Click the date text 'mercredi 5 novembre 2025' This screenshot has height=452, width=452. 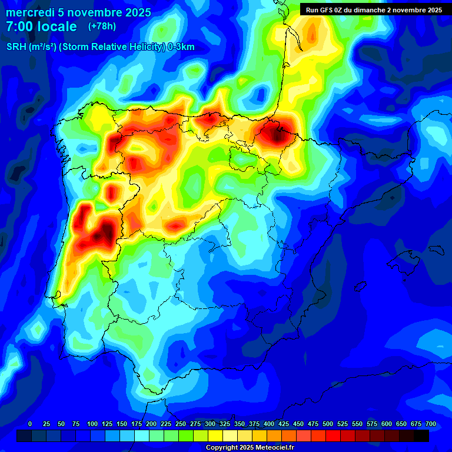[78, 12]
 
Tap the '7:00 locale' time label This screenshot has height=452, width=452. [41, 27]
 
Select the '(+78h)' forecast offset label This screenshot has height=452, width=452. [102, 26]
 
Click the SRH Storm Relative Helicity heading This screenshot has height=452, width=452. [100, 47]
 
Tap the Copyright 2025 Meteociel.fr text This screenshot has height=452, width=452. [250, 448]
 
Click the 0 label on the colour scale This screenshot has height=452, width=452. [30, 424]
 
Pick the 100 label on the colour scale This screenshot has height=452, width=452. [92, 424]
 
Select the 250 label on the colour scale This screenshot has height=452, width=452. [181, 424]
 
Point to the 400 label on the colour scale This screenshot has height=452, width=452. [269, 424]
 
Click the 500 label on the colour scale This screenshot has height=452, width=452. [328, 424]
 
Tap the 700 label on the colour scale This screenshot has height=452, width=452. [431, 424]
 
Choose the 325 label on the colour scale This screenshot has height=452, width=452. [225, 424]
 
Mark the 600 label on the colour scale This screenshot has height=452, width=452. [387, 424]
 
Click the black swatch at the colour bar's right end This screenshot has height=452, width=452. [421, 436]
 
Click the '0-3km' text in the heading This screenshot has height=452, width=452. [180, 47]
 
